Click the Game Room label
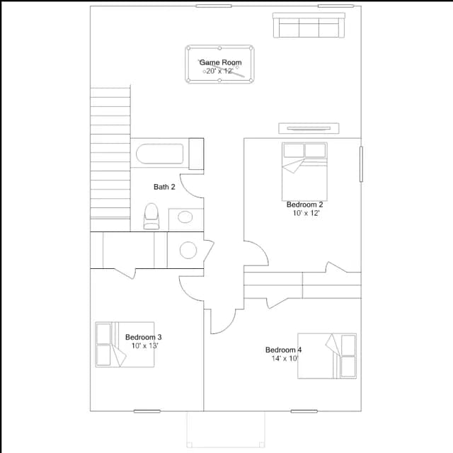[x=220, y=62]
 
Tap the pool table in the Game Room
[x=219, y=64]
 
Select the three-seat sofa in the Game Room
[x=309, y=25]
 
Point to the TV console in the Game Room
[x=309, y=128]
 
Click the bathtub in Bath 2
[x=160, y=154]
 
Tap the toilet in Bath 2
[x=151, y=217]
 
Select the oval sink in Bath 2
[x=185, y=217]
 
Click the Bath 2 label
[x=164, y=187]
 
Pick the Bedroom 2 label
[x=305, y=205]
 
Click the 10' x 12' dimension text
[x=306, y=213]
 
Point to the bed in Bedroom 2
[x=304, y=171]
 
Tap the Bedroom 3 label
[x=143, y=337]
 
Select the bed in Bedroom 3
[x=125, y=345]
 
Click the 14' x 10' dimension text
[x=285, y=359]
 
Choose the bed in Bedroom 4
[x=327, y=356]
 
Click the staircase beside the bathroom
[x=110, y=159]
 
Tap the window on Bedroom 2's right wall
[x=361, y=164]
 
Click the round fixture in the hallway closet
[x=188, y=250]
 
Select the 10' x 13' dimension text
[x=144, y=346]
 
